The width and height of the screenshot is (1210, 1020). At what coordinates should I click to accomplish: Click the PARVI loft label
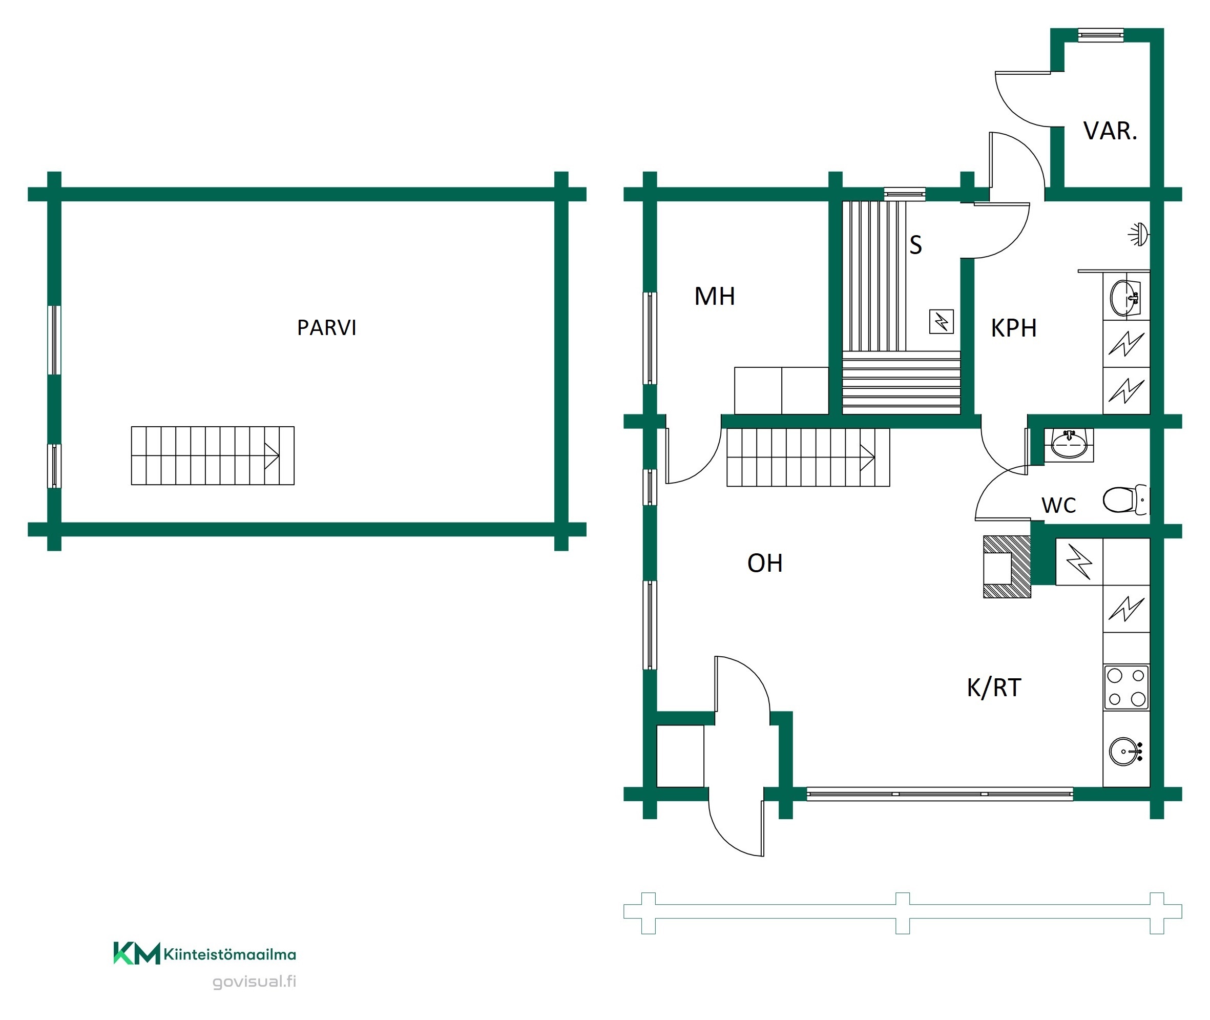point(327,328)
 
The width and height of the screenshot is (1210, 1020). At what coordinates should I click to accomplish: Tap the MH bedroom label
point(715,297)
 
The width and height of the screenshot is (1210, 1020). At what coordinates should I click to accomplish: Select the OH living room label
point(765,563)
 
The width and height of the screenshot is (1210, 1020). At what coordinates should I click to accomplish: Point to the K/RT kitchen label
point(994,688)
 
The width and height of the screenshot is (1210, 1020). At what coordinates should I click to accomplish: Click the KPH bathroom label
point(1013,328)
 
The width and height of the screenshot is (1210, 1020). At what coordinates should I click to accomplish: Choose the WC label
point(1058,505)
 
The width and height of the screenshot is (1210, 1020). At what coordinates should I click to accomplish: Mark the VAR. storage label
point(1110,131)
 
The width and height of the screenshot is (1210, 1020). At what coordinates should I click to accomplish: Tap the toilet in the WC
point(1124,499)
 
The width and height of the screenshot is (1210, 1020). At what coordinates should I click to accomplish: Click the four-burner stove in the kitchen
point(1126,688)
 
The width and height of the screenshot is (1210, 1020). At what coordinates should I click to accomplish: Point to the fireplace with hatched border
point(1007,567)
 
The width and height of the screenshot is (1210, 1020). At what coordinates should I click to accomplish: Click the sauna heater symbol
point(941,322)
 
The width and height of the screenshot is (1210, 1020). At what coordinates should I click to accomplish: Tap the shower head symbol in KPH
point(1139,235)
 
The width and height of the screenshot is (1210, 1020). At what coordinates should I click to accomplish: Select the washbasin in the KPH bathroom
point(1125,298)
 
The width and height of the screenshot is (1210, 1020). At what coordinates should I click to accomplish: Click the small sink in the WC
point(1069,444)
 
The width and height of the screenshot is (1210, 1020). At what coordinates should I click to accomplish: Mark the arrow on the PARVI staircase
point(272,455)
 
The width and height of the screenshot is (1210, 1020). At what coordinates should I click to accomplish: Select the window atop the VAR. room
point(1101,35)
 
